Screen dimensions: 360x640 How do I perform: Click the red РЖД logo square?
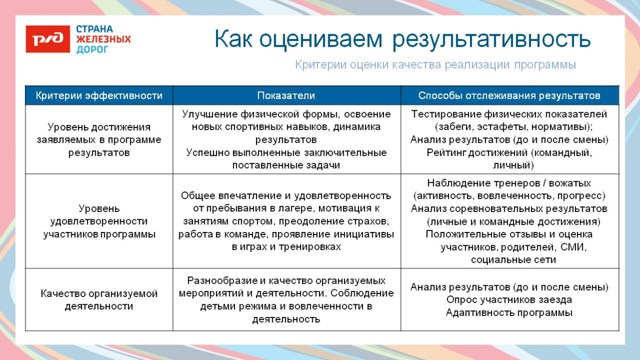pyautogui.click(x=48, y=39)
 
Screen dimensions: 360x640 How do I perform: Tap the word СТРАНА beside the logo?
pyautogui.click(x=94, y=29)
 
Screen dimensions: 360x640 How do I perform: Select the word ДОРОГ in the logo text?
pyautogui.click(x=93, y=50)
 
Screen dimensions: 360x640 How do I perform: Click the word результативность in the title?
pyautogui.click(x=492, y=39)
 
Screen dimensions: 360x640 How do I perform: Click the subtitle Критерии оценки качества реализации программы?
pyautogui.click(x=435, y=65)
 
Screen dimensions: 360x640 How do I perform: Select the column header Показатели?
pyautogui.click(x=286, y=96)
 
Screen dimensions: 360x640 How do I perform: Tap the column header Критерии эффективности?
pyautogui.click(x=99, y=96)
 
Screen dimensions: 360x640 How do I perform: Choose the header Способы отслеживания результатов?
pyautogui.click(x=509, y=96)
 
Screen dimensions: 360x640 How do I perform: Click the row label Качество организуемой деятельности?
pyautogui.click(x=99, y=300)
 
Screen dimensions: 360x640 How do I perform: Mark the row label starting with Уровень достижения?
pyautogui.click(x=99, y=140)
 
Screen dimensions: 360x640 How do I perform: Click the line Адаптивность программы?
pyautogui.click(x=509, y=312)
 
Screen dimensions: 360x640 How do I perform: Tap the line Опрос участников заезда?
pyautogui.click(x=509, y=300)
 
